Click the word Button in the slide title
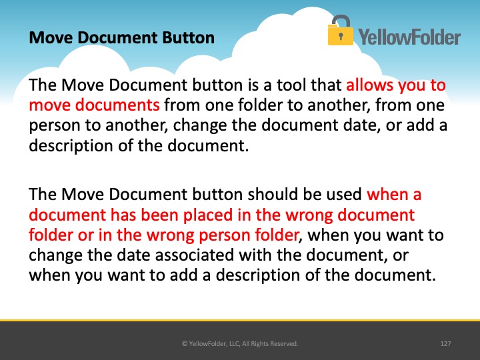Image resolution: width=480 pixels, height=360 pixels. pos(188,37)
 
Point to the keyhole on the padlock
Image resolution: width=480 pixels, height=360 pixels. pos(341,37)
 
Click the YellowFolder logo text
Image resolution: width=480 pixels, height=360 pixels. pos(409,37)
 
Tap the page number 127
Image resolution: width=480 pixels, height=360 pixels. pos(445,344)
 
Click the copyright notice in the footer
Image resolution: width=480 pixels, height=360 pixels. pos(240,344)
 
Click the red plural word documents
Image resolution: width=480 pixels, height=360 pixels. pos(117,105)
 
